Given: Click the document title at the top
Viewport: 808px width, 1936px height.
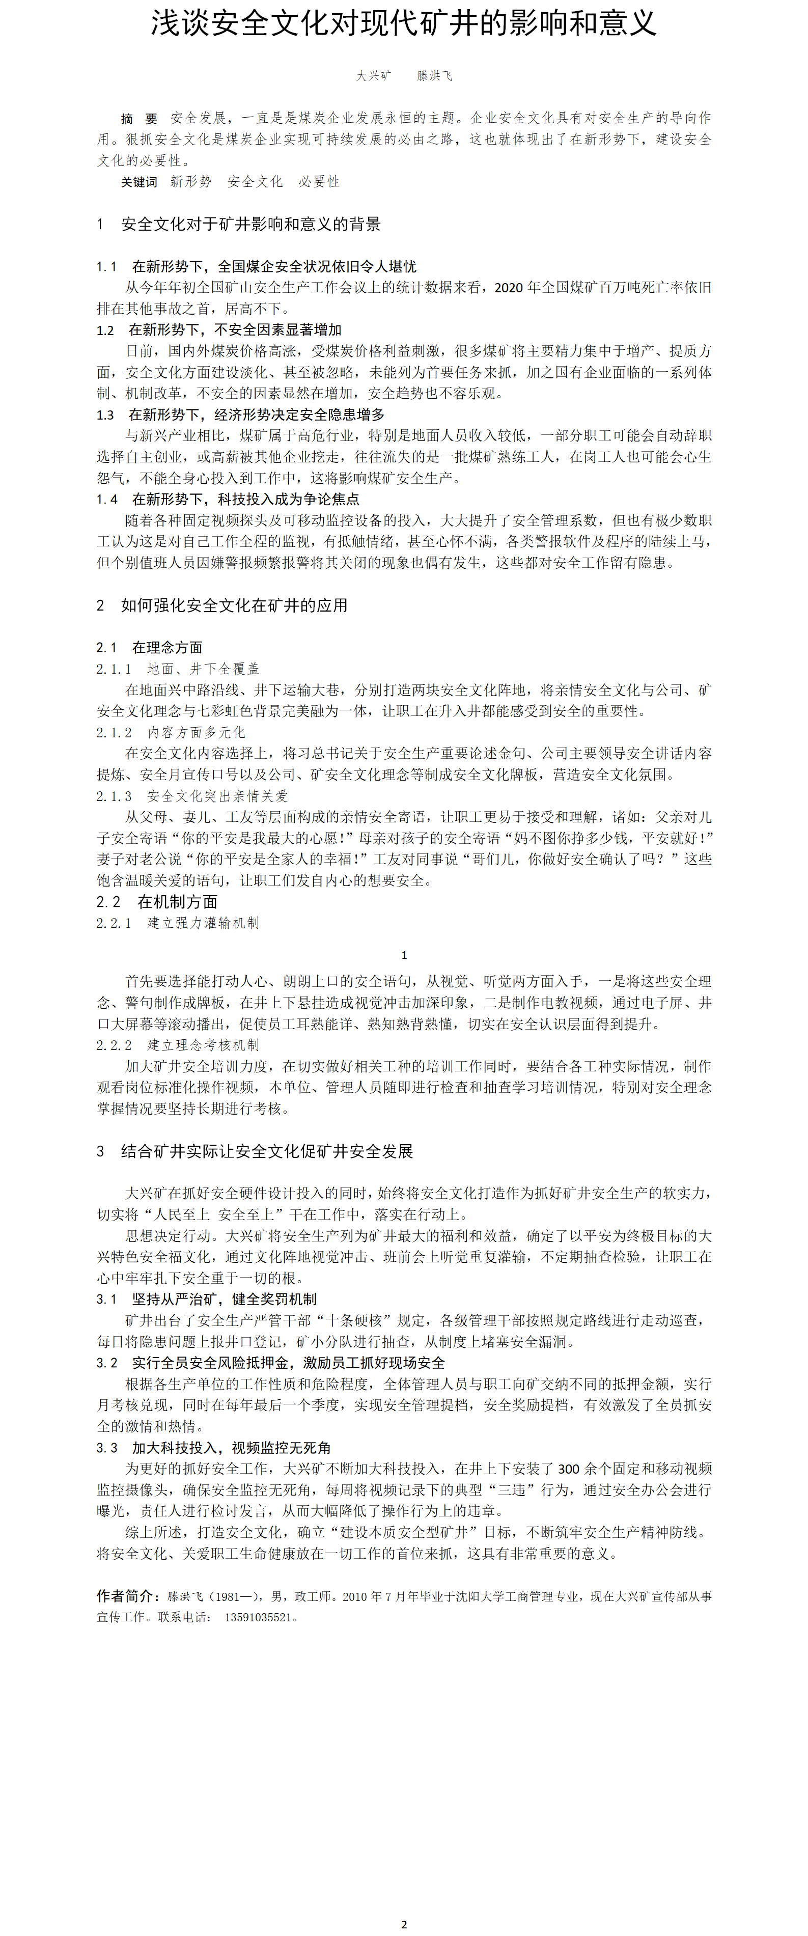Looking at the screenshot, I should point(404,24).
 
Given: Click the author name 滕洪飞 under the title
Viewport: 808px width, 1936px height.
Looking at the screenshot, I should point(434,76).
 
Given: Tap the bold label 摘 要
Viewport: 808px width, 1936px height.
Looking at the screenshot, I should point(139,119).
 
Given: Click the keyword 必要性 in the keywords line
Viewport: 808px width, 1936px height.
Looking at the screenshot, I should point(319,182).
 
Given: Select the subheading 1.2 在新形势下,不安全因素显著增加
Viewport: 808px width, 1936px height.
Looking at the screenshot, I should point(219,330).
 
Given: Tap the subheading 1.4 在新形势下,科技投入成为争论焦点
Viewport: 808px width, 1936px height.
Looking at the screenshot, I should point(228,499).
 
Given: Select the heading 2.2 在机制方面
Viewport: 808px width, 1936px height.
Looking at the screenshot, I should point(156,902).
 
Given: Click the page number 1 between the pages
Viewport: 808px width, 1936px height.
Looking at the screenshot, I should point(404,955).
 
